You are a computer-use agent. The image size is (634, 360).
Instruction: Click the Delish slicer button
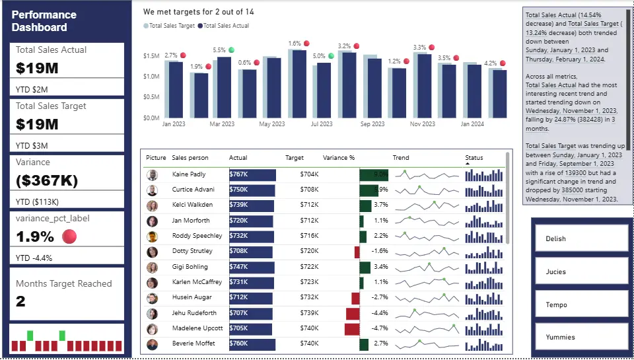coord(581,238)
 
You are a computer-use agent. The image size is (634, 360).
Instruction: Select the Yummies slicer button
coord(581,337)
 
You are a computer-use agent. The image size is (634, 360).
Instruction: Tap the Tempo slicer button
coord(581,305)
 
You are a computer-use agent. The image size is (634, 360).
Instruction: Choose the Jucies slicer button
coord(581,271)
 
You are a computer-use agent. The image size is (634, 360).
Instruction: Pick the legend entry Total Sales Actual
coord(226,26)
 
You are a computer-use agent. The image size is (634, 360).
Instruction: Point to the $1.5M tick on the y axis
coord(151,56)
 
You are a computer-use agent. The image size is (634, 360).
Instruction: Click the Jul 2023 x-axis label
coord(322,124)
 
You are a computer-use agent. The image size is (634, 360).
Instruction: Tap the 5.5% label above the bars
coord(219,50)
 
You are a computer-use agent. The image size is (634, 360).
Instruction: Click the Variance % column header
coord(339,158)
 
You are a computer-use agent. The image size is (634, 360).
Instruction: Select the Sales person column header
coord(190,158)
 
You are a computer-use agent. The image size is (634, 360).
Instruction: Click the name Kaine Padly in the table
coord(189,174)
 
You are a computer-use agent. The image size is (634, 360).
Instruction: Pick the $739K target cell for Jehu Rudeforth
coord(309,313)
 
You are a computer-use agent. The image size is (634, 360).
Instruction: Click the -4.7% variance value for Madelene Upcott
coord(379,328)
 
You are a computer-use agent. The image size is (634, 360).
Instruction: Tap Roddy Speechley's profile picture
coord(153,236)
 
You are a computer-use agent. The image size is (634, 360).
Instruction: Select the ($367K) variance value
coord(46,180)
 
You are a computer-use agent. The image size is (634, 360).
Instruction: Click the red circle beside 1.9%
coord(69,236)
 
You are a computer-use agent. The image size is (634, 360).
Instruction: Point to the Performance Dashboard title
coord(44,21)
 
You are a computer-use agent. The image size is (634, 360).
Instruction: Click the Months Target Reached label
coord(64,284)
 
